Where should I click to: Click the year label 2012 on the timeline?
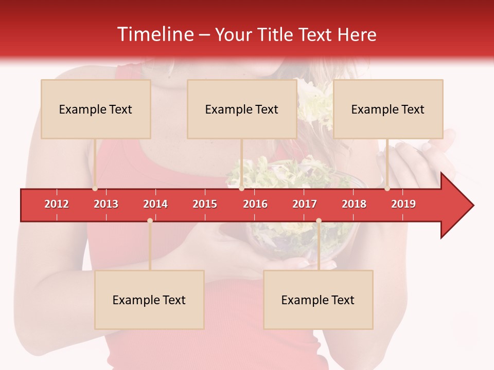[x=57, y=204]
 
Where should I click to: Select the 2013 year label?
[x=106, y=204]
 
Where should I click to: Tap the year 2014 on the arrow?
[x=155, y=204]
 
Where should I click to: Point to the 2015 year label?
[x=205, y=204]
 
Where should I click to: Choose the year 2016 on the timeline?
[x=255, y=204]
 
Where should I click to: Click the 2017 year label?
[x=305, y=204]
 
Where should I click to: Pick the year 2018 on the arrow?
[x=354, y=204]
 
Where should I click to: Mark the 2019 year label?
[x=403, y=204]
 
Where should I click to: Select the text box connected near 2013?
[x=96, y=109]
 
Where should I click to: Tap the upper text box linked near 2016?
[x=242, y=109]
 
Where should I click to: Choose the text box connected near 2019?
[x=388, y=109]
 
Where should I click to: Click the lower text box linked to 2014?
[x=149, y=300]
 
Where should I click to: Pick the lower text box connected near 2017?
[x=318, y=300]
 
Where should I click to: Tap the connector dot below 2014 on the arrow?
[x=150, y=220]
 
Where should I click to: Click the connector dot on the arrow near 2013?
[x=95, y=189]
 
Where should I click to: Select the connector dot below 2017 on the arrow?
[x=319, y=220]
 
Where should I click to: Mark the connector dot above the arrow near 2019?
[x=387, y=189]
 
